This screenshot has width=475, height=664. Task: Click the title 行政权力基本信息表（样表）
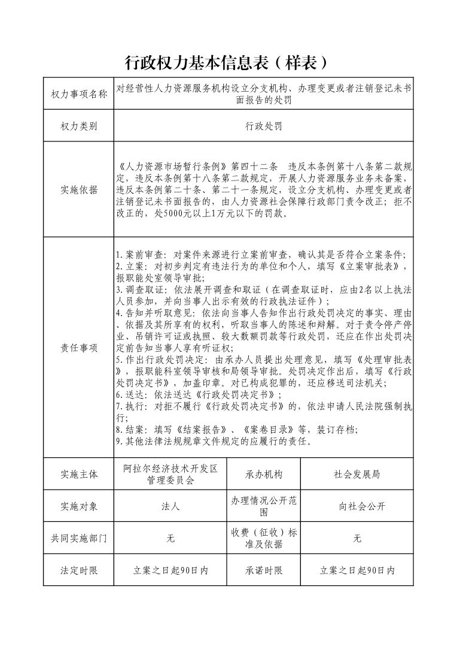click(228, 62)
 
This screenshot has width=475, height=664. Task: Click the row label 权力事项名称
click(79, 94)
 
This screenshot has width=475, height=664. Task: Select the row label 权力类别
click(79, 126)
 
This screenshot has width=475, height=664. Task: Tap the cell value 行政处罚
click(263, 126)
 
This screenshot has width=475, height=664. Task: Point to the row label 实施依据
click(79, 190)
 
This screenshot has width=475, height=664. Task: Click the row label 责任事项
click(79, 348)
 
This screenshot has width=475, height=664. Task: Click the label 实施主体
click(79, 474)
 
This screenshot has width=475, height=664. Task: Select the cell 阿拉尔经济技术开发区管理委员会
click(170, 474)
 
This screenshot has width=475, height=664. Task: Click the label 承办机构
click(264, 474)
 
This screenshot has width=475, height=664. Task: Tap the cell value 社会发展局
click(357, 474)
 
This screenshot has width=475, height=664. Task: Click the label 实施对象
click(79, 506)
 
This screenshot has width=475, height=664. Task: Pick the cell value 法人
click(170, 506)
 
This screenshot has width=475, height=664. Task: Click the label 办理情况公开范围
click(264, 506)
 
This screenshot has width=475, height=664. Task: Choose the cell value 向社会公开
click(357, 506)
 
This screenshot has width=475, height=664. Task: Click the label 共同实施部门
click(79, 538)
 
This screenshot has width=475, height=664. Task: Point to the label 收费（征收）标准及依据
click(264, 538)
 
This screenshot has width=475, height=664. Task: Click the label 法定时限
click(79, 571)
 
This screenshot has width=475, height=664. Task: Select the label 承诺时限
click(264, 571)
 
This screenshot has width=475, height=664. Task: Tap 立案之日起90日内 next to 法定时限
click(170, 571)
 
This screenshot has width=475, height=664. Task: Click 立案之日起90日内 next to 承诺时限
click(357, 571)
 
